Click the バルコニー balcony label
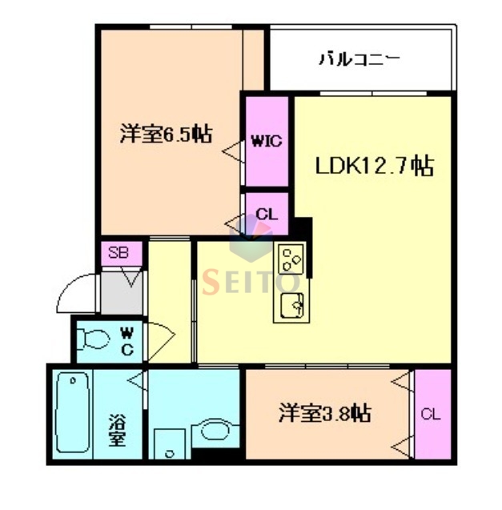pyautogui.click(x=359, y=58)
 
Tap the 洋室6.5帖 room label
pyautogui.click(x=166, y=134)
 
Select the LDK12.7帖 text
pyautogui.click(x=374, y=166)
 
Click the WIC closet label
pyautogui.click(x=266, y=142)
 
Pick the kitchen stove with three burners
pyautogui.click(x=290, y=259)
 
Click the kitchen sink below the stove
pyautogui.click(x=290, y=305)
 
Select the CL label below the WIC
pyautogui.click(x=267, y=215)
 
